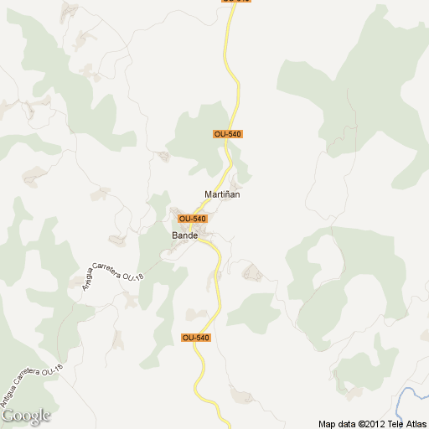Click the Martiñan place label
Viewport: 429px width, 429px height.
click(x=222, y=194)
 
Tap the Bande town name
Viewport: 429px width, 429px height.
click(x=184, y=235)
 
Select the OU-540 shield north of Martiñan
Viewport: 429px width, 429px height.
click(x=228, y=134)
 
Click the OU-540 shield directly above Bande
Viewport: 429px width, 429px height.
click(x=193, y=219)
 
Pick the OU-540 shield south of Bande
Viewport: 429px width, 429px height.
click(x=195, y=338)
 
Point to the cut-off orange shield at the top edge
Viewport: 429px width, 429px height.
click(x=236, y=2)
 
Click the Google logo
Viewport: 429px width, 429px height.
click(x=26, y=416)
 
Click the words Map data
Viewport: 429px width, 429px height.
click(x=337, y=423)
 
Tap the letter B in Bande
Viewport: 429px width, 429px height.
click(x=175, y=235)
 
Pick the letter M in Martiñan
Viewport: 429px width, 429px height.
click(x=209, y=194)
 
